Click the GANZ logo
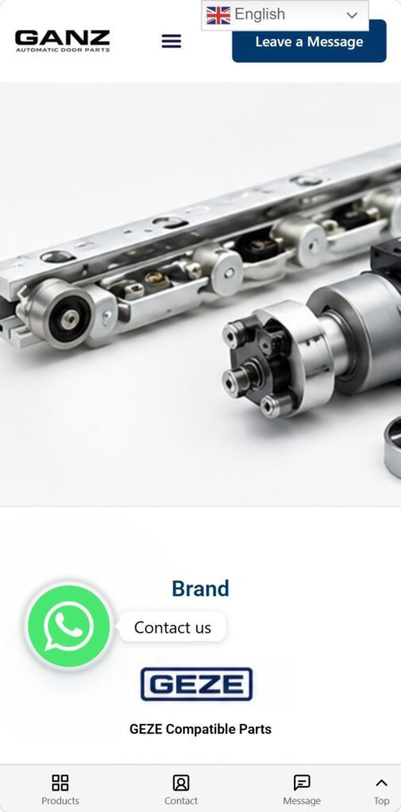tap(62, 41)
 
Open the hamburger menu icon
tap(172, 41)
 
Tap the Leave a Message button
tap(309, 41)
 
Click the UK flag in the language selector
tap(218, 15)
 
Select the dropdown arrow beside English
tap(352, 15)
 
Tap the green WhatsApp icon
tap(69, 626)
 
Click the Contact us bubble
tap(173, 627)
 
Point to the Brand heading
tap(200, 588)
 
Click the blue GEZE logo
tap(197, 684)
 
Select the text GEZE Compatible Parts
tap(200, 729)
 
